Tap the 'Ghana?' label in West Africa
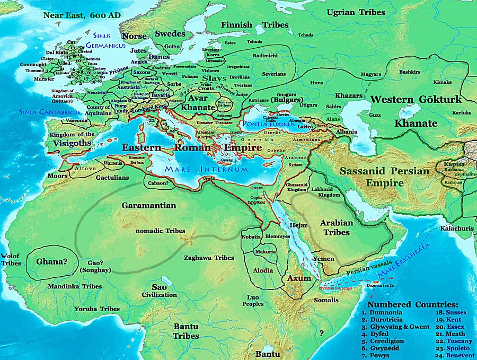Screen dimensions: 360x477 point(52,261)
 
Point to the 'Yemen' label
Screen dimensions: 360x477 point(323,259)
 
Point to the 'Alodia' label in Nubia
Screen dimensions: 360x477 point(263,270)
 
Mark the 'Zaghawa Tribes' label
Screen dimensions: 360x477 point(209,258)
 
